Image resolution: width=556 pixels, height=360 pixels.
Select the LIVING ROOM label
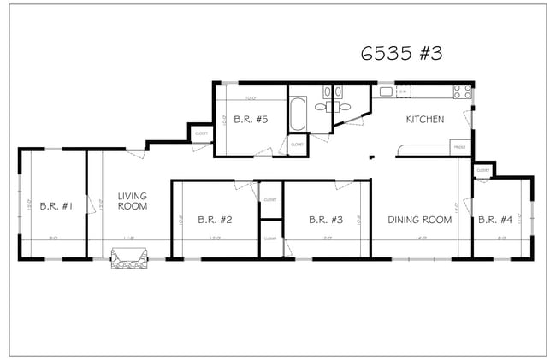133,201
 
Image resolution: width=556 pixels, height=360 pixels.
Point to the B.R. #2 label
215,220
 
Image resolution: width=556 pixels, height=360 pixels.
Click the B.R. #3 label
326,220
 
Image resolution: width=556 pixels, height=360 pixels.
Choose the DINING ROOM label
419,220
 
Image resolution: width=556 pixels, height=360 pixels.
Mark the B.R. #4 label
495,220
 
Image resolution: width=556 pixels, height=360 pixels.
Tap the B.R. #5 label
252,120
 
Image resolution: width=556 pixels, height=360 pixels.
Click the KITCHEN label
425,120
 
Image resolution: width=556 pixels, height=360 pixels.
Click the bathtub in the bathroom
298,114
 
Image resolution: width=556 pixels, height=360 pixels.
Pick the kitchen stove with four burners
463,91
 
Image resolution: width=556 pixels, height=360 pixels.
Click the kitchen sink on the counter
404,91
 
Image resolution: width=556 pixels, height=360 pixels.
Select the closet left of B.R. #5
201,133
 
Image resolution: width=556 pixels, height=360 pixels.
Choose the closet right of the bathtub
297,145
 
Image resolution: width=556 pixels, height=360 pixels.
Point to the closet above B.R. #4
483,170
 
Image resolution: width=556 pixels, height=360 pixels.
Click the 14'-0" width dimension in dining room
421,239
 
